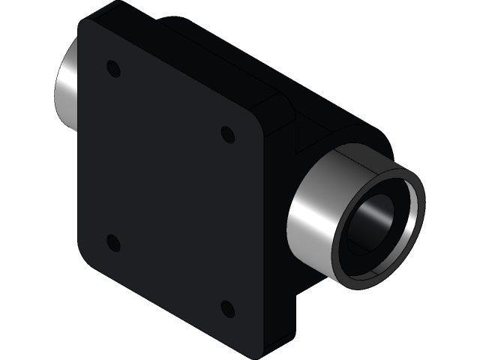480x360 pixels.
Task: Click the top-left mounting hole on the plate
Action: tap(113, 69)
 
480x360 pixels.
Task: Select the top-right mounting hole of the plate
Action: tap(228, 134)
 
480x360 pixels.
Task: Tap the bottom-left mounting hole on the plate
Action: tap(113, 242)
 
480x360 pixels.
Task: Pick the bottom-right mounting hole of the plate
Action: tap(228, 308)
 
